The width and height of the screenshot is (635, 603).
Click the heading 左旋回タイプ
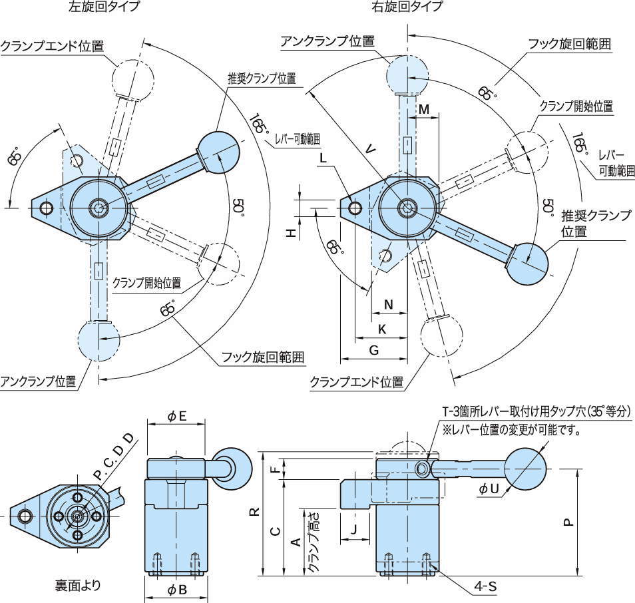[105, 7]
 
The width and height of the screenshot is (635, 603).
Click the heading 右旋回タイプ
[407, 7]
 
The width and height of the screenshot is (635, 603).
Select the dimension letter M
[423, 108]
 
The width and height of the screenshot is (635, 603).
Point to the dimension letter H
[291, 232]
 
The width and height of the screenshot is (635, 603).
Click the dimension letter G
[373, 349]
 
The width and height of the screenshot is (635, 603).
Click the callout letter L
[322, 158]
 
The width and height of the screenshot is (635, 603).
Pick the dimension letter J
[353, 529]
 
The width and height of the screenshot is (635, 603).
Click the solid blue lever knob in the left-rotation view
[219, 151]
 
